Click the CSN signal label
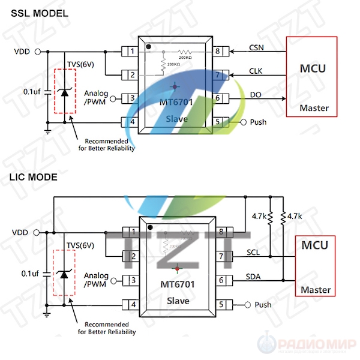click(x=256, y=47)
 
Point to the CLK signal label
click(x=256, y=71)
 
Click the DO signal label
click(x=256, y=94)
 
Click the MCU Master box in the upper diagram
click(x=311, y=76)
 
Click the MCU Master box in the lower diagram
click(x=314, y=266)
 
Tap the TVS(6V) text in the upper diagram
click(x=80, y=64)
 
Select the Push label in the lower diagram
click(x=263, y=305)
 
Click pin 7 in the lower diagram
click(x=221, y=257)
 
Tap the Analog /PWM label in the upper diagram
click(x=96, y=98)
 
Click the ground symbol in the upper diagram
click(x=47, y=127)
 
